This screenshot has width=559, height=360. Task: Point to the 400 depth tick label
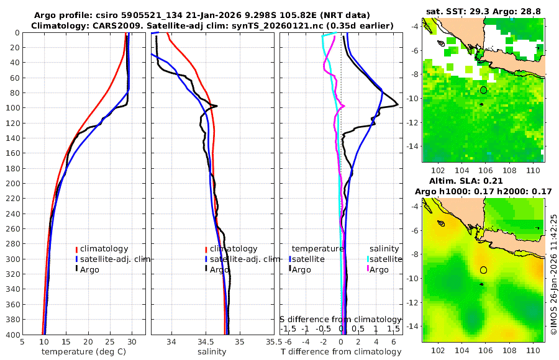point(11,335)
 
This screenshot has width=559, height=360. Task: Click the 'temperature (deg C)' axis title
point(83,352)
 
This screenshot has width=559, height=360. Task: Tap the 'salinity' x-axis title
point(212,352)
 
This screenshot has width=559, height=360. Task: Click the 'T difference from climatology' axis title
point(342,352)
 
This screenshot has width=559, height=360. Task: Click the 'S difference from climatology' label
point(340,319)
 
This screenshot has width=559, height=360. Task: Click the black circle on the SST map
point(484,90)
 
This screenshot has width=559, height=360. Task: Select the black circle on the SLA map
point(484,270)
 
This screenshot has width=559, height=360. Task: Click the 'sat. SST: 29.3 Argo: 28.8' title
point(483,11)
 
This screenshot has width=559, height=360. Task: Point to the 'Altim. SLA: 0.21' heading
point(483,180)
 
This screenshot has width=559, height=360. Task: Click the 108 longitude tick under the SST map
point(508,169)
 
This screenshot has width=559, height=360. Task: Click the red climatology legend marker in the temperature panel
point(76,249)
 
